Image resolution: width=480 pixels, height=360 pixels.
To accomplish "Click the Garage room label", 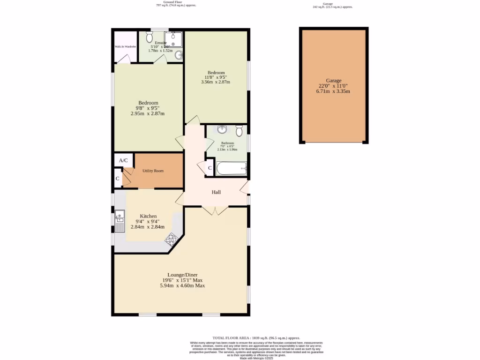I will pos(334,81).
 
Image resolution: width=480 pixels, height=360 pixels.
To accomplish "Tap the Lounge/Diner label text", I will pos(182,275).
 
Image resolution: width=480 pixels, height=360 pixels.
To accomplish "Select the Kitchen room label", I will pos(148,216).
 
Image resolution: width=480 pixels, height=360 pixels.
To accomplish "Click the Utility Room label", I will pos(153,171).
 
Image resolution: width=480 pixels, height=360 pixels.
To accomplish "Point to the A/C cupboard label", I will pos(123,160).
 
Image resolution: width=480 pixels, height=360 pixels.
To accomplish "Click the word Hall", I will pos(216,192).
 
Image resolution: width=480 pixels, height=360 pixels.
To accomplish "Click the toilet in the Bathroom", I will pos(239,130).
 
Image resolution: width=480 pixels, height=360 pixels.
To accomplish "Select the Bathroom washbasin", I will pos(222,130).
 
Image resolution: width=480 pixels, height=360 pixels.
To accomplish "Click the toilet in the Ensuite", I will pos(150,37).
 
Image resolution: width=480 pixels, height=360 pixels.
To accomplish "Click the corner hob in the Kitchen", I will pos(170,239).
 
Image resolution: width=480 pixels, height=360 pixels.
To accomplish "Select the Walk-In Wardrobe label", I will pos(125,47).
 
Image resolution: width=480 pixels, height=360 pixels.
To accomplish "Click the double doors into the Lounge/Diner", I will pos(216,210).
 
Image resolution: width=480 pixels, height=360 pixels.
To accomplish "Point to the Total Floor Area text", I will pos(256,337).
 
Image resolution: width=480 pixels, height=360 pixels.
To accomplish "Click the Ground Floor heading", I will pos(172,2).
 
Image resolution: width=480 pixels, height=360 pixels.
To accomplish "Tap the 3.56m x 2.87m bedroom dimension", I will pos(216,82).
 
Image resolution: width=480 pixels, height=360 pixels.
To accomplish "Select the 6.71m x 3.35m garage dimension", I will pos(333,91).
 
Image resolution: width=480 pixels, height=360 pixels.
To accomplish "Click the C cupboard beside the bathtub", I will pos(210,168).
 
